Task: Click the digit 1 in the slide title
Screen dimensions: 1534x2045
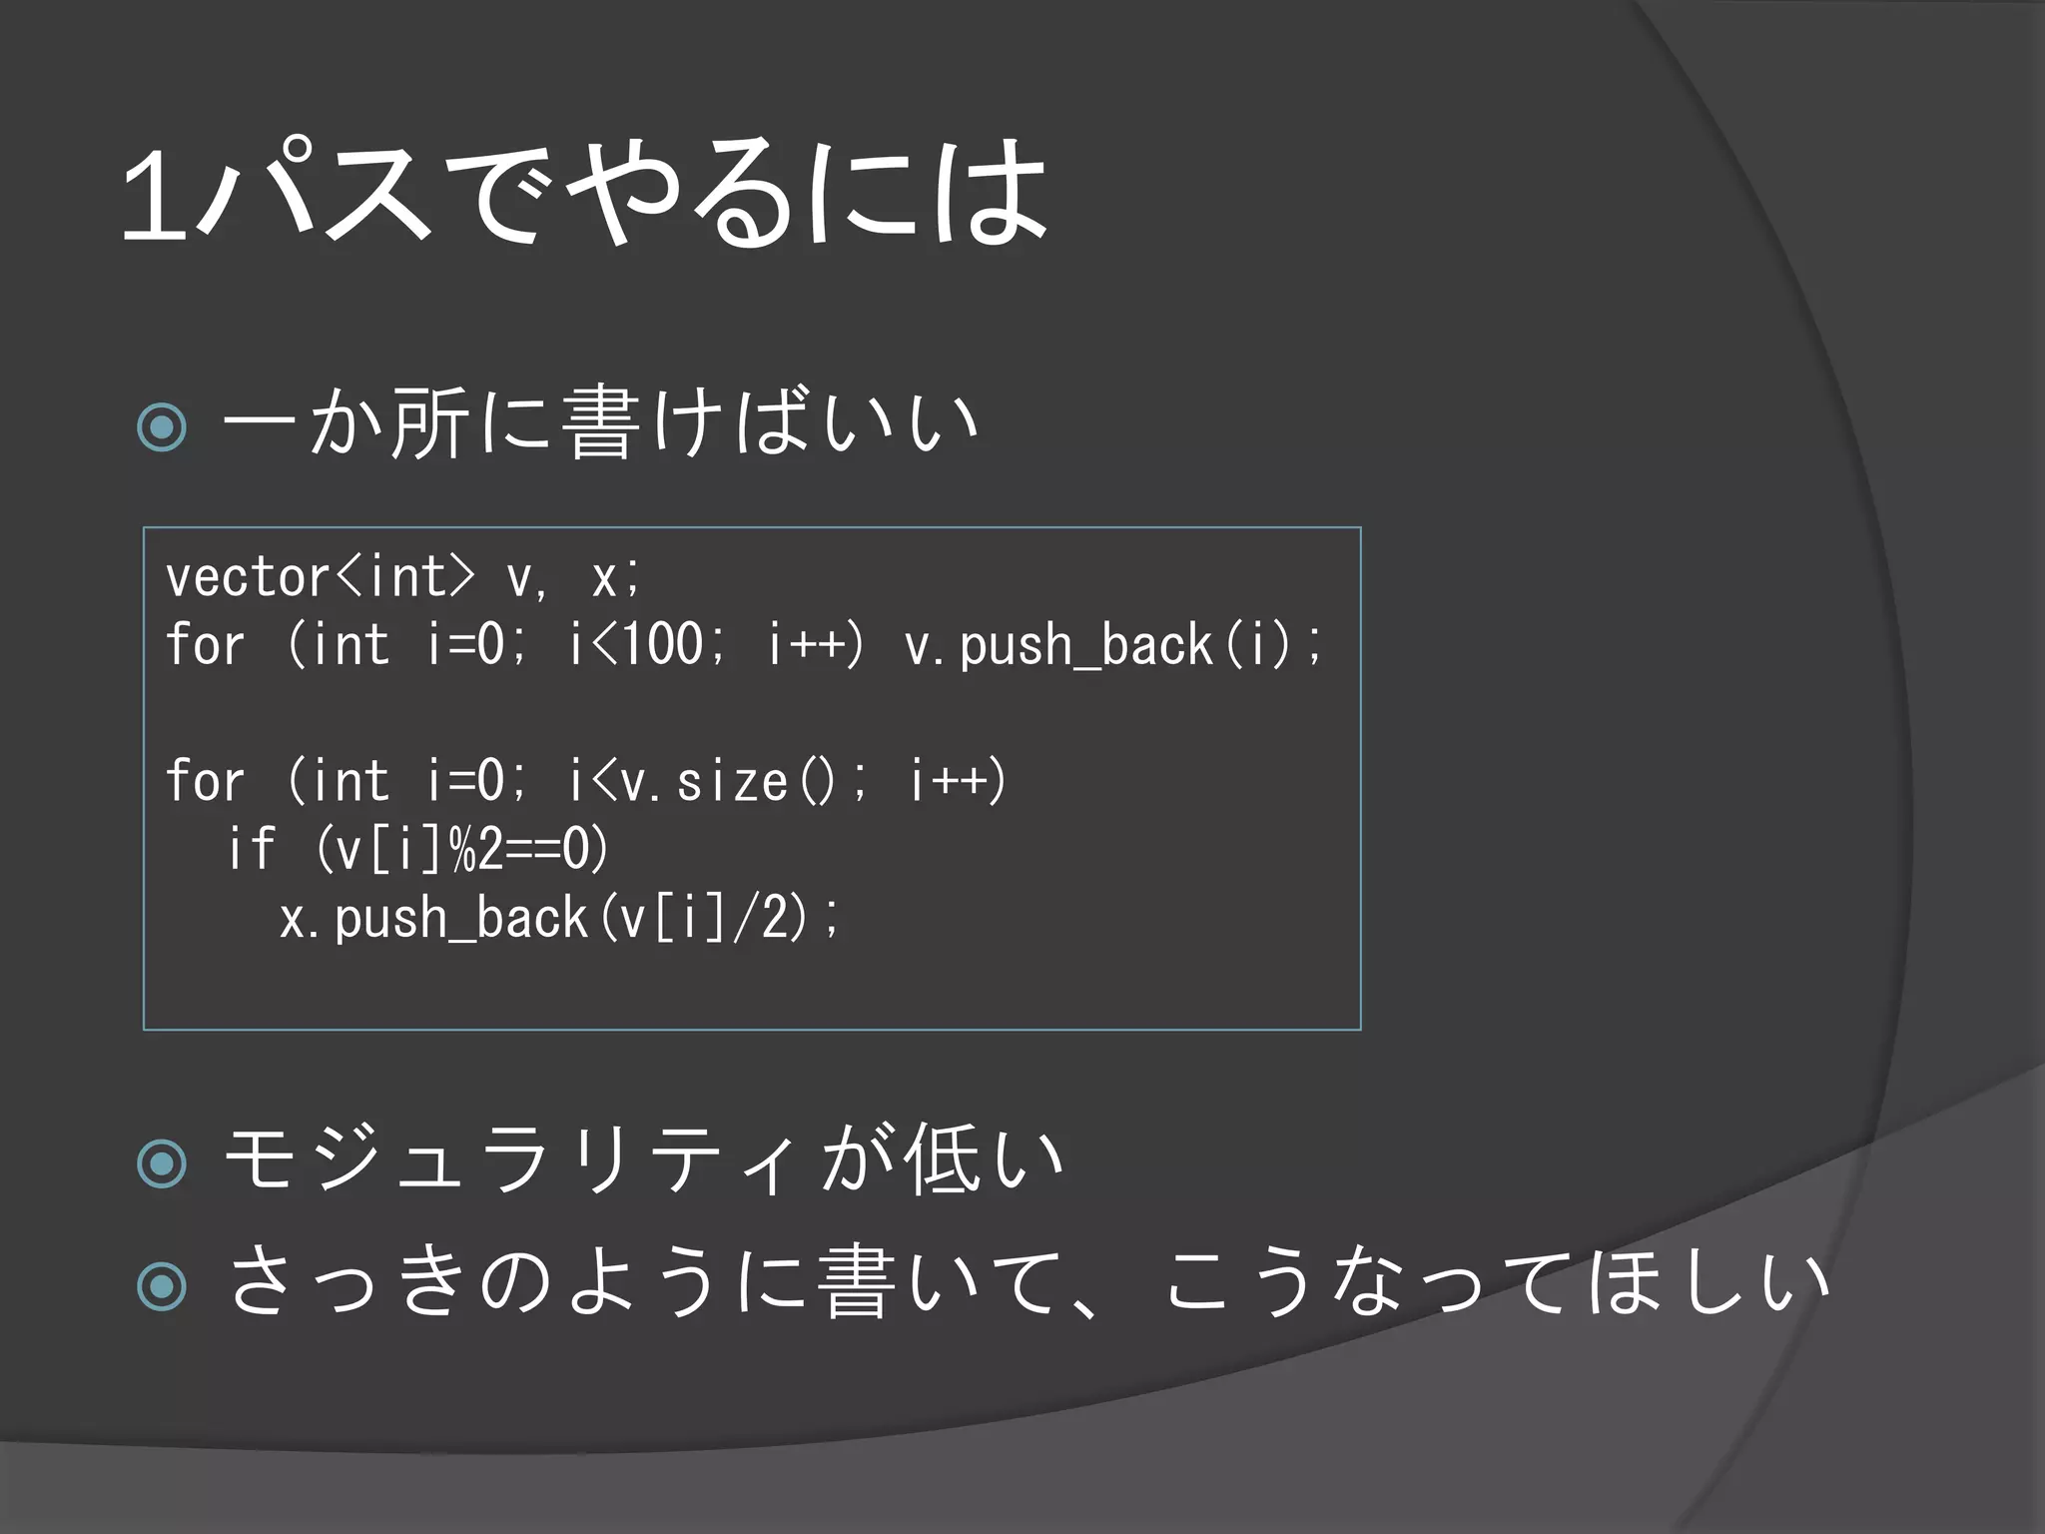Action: pos(156,194)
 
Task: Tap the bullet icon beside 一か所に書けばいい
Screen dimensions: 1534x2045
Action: pos(162,426)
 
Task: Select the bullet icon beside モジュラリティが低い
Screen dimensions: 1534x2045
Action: pos(162,1162)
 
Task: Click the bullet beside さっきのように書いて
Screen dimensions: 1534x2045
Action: pos(162,1285)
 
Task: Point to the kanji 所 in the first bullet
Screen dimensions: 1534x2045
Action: pos(430,422)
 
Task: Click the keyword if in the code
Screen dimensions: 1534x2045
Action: pos(251,849)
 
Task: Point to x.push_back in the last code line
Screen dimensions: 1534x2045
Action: pos(433,918)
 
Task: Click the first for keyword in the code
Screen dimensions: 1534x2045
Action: pos(205,644)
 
